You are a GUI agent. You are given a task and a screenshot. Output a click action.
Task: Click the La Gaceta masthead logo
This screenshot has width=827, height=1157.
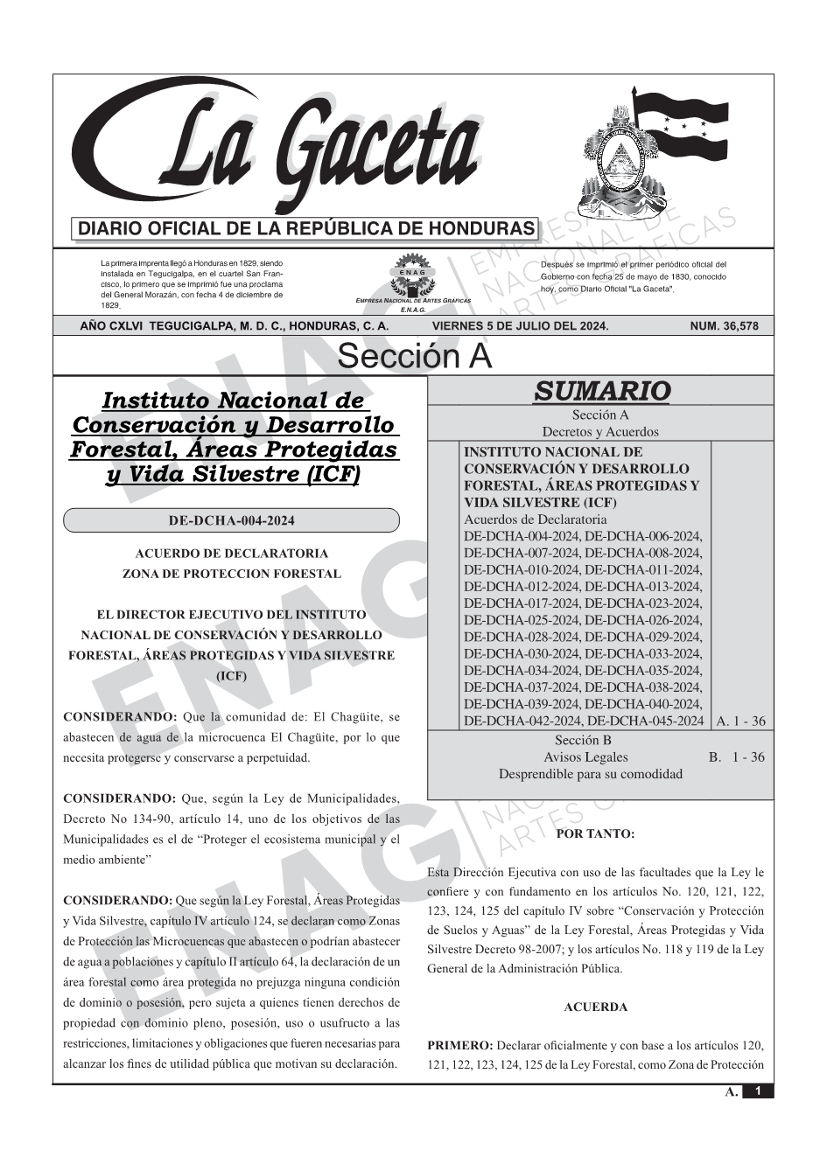coord(280,149)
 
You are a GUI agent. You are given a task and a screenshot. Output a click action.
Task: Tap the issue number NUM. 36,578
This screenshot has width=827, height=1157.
coord(724,326)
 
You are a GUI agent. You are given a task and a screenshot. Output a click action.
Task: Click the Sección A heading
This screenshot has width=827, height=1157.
coord(414,357)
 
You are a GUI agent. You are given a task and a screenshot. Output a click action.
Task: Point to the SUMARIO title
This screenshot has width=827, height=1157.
coord(601,391)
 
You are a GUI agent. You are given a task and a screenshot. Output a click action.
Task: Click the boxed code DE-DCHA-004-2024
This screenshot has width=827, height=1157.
coord(231,521)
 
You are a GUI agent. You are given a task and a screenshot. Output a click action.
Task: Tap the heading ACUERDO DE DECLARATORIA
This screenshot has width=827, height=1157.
coord(232,554)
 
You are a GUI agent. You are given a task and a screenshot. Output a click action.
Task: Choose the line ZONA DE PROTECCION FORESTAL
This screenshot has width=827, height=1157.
coord(232,575)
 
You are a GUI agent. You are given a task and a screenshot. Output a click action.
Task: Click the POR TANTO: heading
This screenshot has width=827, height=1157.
coord(595,833)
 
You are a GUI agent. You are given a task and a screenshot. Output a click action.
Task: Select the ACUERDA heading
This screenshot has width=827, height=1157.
coord(595,1007)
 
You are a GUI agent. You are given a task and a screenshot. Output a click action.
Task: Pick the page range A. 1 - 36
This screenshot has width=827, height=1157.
coord(740,721)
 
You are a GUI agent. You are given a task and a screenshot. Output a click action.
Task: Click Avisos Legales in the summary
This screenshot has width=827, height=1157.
coord(585,757)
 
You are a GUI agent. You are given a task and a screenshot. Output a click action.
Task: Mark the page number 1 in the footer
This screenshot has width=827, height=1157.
coord(758,1091)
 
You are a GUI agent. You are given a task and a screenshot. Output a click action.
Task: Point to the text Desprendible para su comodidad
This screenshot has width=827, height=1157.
coord(591,774)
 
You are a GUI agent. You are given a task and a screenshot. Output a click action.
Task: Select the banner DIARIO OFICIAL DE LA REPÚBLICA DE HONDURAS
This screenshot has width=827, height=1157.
coord(306,229)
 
